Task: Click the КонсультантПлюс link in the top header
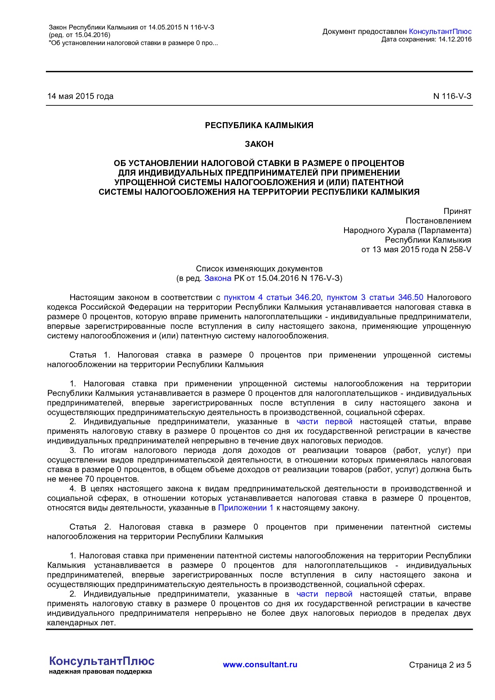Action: pos(440,32)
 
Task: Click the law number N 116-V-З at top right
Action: pos(452,96)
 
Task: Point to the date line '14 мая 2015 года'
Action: pos(80,96)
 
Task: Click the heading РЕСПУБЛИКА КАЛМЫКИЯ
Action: pos(259,125)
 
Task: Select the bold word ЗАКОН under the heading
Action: pos(259,144)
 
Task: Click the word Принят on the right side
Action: pos(457,211)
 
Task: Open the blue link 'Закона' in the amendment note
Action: pos(218,278)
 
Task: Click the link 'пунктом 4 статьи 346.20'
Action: pos(272,297)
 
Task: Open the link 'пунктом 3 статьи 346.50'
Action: pos(375,297)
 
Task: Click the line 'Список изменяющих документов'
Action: pos(259,269)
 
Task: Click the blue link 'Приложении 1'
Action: pos(246,508)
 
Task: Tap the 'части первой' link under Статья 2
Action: pos(324,594)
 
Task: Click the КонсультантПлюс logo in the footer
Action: pos(101,661)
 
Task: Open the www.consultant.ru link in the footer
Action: pos(260,664)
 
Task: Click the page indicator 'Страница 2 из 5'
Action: pos(440,665)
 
